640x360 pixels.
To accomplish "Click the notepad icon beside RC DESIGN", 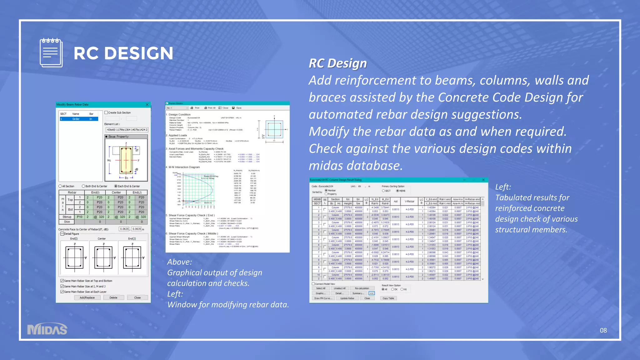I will click(x=51, y=53).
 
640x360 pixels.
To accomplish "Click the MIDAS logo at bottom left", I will click(x=47, y=329).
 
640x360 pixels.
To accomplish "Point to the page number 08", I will click(x=603, y=330).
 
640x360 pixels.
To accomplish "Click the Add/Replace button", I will click(x=87, y=297).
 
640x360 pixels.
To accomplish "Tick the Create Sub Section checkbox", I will click(x=106, y=112).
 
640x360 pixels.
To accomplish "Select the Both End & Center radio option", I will click(x=83, y=186).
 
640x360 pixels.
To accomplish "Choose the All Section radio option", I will click(x=60, y=186).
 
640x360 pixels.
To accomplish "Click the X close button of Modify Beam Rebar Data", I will click(x=147, y=105).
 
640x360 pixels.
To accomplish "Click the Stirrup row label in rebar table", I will click(x=67, y=217).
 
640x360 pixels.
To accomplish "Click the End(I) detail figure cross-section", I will click(x=74, y=257).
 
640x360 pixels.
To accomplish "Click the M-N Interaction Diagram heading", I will click(x=184, y=167).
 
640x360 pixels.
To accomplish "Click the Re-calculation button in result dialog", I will click(x=362, y=288).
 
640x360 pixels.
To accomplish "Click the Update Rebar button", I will click(x=347, y=298).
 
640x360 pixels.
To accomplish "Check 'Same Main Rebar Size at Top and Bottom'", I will click(x=62, y=281).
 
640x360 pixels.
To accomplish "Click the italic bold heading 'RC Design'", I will click(x=337, y=63).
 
